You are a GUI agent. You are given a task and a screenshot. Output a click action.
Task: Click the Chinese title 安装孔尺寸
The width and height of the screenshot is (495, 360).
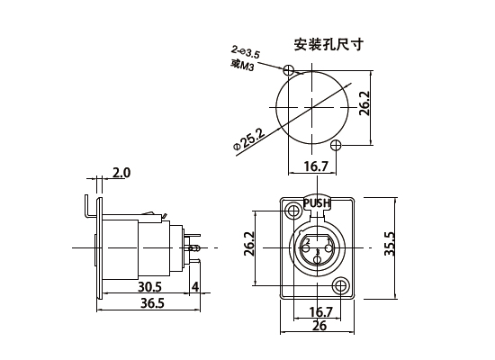(328, 44)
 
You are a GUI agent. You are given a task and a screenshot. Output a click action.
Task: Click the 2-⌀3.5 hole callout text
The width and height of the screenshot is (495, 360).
(246, 53)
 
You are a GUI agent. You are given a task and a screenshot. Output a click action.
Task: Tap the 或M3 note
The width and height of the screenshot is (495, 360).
(242, 66)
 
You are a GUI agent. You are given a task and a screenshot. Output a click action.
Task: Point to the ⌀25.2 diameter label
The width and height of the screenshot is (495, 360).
(249, 139)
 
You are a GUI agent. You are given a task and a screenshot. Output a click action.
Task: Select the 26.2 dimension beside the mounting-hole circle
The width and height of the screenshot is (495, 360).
(364, 103)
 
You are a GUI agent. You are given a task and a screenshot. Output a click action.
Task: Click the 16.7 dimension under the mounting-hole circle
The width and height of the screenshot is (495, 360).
(316, 166)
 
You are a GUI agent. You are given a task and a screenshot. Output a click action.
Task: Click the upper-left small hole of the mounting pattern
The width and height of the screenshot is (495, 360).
(289, 70)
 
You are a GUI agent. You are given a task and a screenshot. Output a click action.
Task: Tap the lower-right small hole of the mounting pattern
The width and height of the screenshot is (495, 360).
(336, 145)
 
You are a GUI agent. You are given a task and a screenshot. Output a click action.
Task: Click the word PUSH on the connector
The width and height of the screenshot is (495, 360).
(317, 203)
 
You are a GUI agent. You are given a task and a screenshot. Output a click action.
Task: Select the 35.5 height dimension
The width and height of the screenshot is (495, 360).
(390, 244)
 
